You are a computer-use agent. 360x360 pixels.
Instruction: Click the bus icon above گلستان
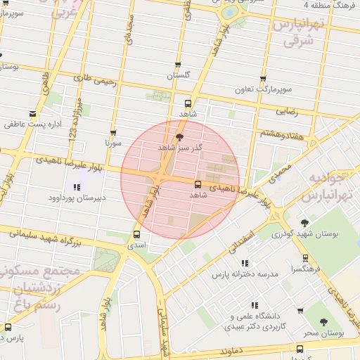click(x=178, y=65)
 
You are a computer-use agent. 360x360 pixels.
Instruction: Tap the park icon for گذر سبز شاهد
click(x=179, y=137)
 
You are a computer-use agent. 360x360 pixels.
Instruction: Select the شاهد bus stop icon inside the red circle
click(x=197, y=184)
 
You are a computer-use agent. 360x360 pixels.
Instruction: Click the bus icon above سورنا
click(x=113, y=132)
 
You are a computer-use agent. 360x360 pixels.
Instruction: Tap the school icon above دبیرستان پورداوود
click(x=77, y=187)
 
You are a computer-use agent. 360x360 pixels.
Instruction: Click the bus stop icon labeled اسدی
click(x=136, y=235)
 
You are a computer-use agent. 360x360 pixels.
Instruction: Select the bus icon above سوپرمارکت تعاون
click(x=264, y=79)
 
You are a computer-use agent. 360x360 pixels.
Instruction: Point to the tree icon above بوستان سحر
click(x=323, y=322)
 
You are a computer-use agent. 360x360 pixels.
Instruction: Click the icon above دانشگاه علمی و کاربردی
click(x=255, y=305)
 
